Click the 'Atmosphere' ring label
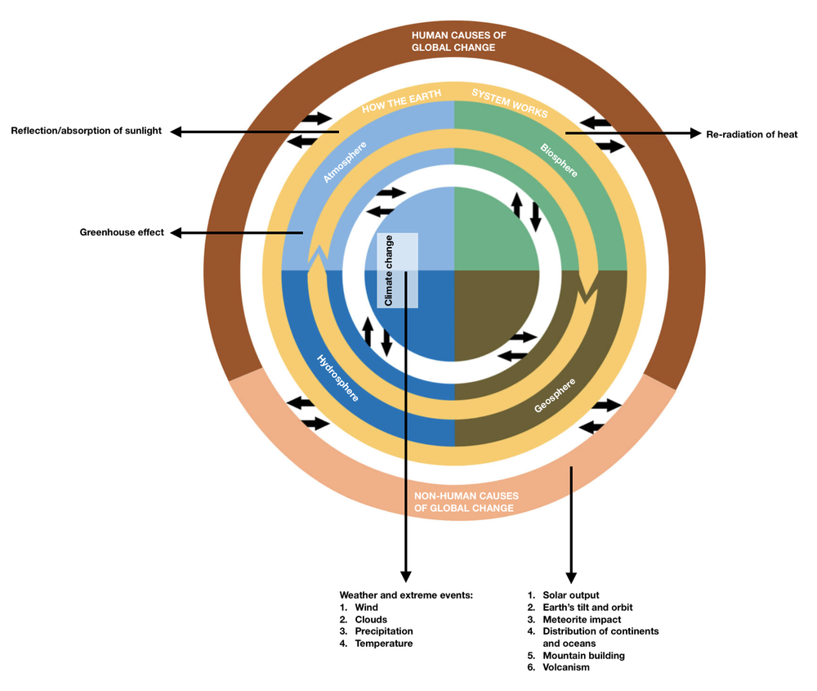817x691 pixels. click(x=345, y=161)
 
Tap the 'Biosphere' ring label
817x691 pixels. click(x=559, y=161)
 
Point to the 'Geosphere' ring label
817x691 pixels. click(x=555, y=395)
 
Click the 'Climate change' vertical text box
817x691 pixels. click(x=390, y=271)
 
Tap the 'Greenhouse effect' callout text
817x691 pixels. click(x=122, y=232)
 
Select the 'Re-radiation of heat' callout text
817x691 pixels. click(x=752, y=134)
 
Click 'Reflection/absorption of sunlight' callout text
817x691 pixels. click(x=87, y=131)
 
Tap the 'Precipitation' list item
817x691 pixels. click(x=383, y=631)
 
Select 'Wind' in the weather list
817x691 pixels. click(x=365, y=608)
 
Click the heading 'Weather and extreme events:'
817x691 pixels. click(x=406, y=595)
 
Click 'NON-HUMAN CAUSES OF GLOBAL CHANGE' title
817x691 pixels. click(x=464, y=502)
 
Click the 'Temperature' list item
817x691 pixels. click(x=383, y=644)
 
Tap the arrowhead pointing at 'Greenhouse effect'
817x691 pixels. click(x=175, y=233)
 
